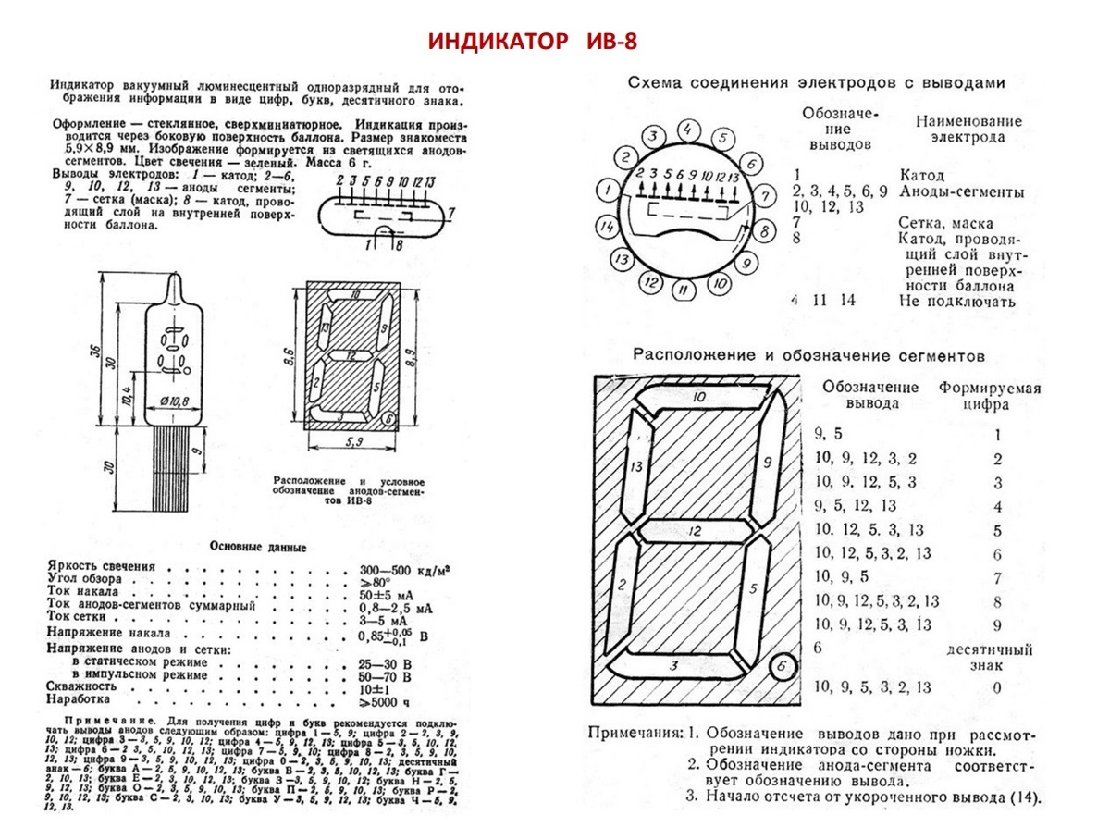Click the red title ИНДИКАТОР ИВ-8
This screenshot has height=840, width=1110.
[533, 42]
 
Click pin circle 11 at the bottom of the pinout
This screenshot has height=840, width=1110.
[683, 290]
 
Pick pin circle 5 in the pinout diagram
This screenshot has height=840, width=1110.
[722, 139]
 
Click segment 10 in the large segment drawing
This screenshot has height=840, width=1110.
[699, 397]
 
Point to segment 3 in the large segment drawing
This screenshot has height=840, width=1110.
[675, 664]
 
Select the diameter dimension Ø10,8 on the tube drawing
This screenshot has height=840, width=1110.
[174, 401]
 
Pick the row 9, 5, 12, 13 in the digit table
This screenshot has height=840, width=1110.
[855, 506]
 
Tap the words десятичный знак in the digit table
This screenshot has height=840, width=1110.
[988, 657]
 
